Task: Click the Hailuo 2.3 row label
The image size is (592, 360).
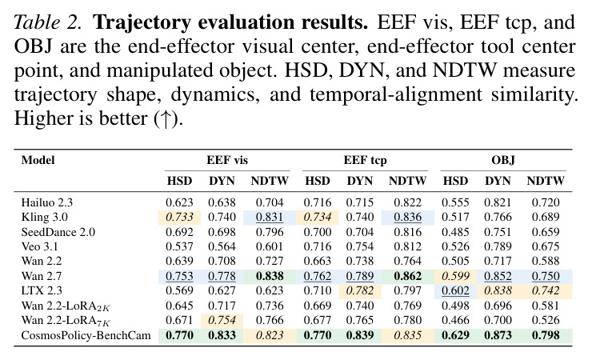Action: (x=47, y=202)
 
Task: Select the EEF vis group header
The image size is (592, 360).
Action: (x=227, y=160)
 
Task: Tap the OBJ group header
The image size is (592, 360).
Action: (x=503, y=160)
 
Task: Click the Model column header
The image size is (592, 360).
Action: (x=38, y=160)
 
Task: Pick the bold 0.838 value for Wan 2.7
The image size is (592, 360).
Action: (x=270, y=276)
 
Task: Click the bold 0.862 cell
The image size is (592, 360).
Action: (x=407, y=276)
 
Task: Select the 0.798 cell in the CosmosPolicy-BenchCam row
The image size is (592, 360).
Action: (x=546, y=335)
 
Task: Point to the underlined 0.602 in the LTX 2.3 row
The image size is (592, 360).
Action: (x=455, y=291)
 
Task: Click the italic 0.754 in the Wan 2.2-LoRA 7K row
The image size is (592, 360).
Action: (x=222, y=320)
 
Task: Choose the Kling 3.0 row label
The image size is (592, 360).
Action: (x=45, y=218)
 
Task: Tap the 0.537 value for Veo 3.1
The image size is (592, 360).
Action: (x=179, y=246)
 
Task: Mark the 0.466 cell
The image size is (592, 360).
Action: (x=455, y=320)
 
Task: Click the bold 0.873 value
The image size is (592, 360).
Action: (x=498, y=335)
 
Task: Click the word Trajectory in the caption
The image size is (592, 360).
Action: (x=142, y=22)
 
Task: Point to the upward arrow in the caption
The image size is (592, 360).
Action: (x=166, y=119)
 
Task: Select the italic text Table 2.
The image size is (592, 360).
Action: (x=47, y=22)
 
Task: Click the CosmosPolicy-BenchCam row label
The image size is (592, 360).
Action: (x=86, y=335)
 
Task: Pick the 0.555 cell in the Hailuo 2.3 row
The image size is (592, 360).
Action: (x=455, y=202)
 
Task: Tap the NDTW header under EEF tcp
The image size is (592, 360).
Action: (x=407, y=181)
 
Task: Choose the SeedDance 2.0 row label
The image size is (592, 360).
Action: (x=58, y=232)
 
